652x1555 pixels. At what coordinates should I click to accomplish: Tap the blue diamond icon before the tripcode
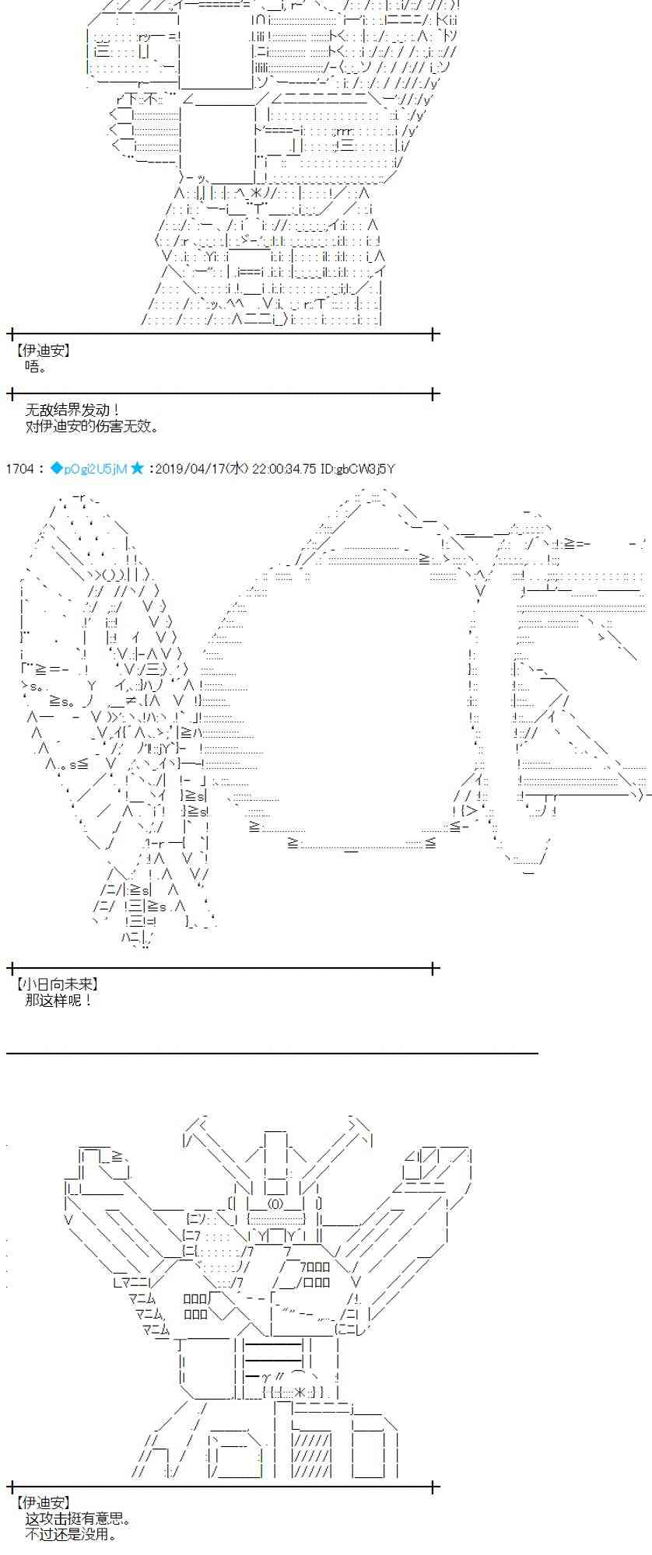56,468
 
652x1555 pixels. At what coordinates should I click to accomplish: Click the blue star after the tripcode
138,468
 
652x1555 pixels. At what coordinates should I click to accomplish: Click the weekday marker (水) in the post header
239,469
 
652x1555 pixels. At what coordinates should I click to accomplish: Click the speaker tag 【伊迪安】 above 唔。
43,351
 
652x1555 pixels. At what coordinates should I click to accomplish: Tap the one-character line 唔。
36,367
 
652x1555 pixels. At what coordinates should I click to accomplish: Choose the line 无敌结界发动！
72,410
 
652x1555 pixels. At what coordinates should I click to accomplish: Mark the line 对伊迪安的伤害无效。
92,426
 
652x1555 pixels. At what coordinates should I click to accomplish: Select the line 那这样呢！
58,1001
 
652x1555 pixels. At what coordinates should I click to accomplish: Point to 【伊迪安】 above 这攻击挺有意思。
43,1503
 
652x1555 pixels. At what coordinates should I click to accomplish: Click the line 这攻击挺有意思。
79,1519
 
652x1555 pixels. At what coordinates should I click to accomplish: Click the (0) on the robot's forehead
278,1204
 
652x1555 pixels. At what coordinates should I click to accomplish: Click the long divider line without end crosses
272,1054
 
